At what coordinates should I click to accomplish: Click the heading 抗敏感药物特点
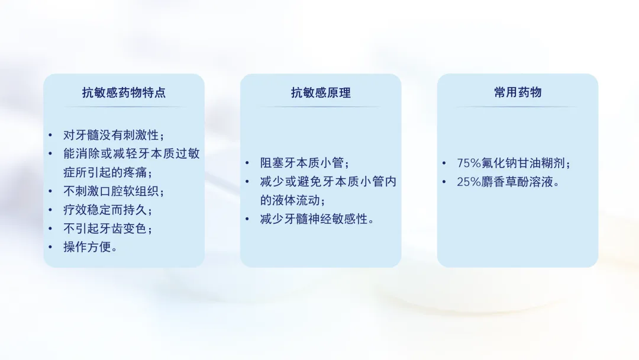click(x=124, y=92)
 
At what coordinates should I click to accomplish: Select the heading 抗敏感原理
click(x=321, y=92)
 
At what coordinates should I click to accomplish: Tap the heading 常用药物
click(x=518, y=92)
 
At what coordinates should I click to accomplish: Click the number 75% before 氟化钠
click(x=469, y=163)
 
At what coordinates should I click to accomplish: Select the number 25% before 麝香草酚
click(x=469, y=182)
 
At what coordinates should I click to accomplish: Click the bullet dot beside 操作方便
click(x=50, y=247)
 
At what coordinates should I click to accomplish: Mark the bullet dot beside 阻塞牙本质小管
click(x=247, y=163)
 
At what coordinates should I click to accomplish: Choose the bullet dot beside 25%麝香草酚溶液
click(x=444, y=182)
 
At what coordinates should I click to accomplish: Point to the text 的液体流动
click(x=293, y=201)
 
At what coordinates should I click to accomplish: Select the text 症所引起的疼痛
click(x=108, y=172)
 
